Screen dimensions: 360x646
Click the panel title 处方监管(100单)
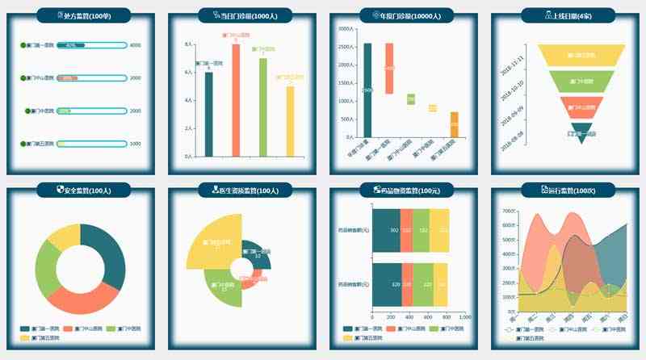click(x=85, y=15)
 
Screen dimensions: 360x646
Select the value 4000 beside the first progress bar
click(x=135, y=45)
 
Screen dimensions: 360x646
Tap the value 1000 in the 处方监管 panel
click(x=135, y=144)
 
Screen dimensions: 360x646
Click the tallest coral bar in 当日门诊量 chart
click(x=236, y=101)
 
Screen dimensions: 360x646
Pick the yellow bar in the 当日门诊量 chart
click(x=290, y=121)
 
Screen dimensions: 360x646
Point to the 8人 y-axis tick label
click(x=188, y=45)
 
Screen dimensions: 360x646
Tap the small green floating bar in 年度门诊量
click(x=411, y=98)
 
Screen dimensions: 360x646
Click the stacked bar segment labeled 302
click(x=386, y=231)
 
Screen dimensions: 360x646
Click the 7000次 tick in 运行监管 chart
click(x=509, y=211)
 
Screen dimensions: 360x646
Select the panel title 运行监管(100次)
click(x=569, y=190)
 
